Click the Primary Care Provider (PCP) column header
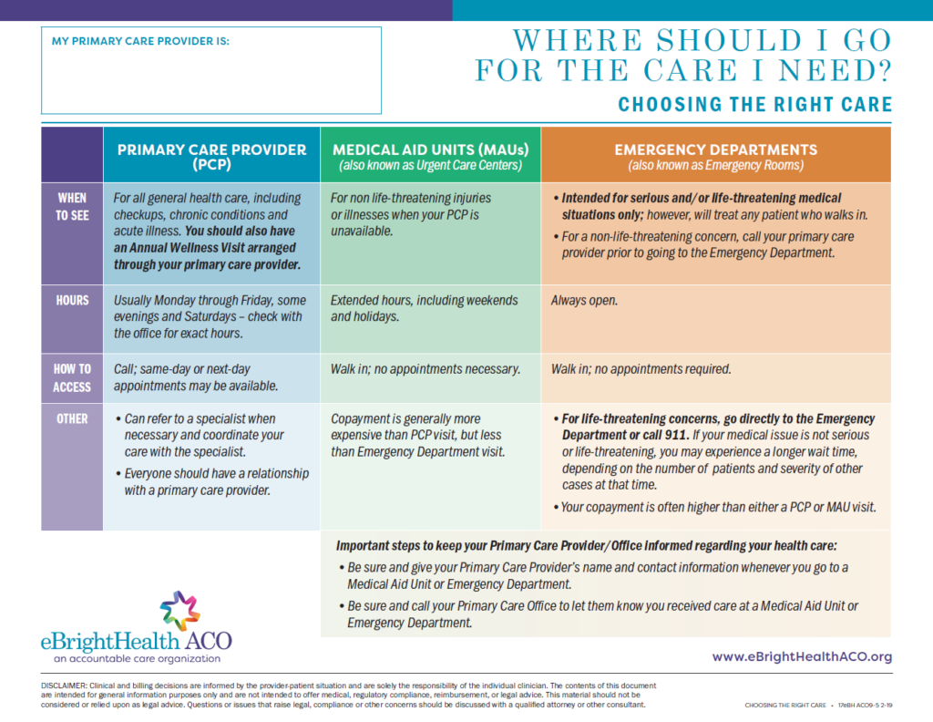tap(211, 157)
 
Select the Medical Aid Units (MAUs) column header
tap(431, 157)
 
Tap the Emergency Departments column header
tap(716, 157)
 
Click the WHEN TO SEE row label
tap(72, 207)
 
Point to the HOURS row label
tap(72, 301)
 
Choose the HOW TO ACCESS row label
tap(72, 378)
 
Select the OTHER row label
tap(72, 419)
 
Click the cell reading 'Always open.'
tap(584, 301)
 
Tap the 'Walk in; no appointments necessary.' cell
tap(425, 369)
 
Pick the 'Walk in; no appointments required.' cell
tap(641, 369)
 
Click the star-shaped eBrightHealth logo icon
tap(179, 611)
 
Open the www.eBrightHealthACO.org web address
tap(802, 656)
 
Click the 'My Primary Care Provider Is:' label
tap(140, 41)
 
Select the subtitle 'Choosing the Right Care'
tap(755, 105)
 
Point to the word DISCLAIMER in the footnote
tap(64, 686)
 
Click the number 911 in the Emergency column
tap(675, 435)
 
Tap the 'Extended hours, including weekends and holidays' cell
tap(425, 308)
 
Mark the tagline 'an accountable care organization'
tap(137, 659)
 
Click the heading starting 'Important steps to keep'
tap(586, 546)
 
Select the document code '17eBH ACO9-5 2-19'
tap(866, 706)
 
